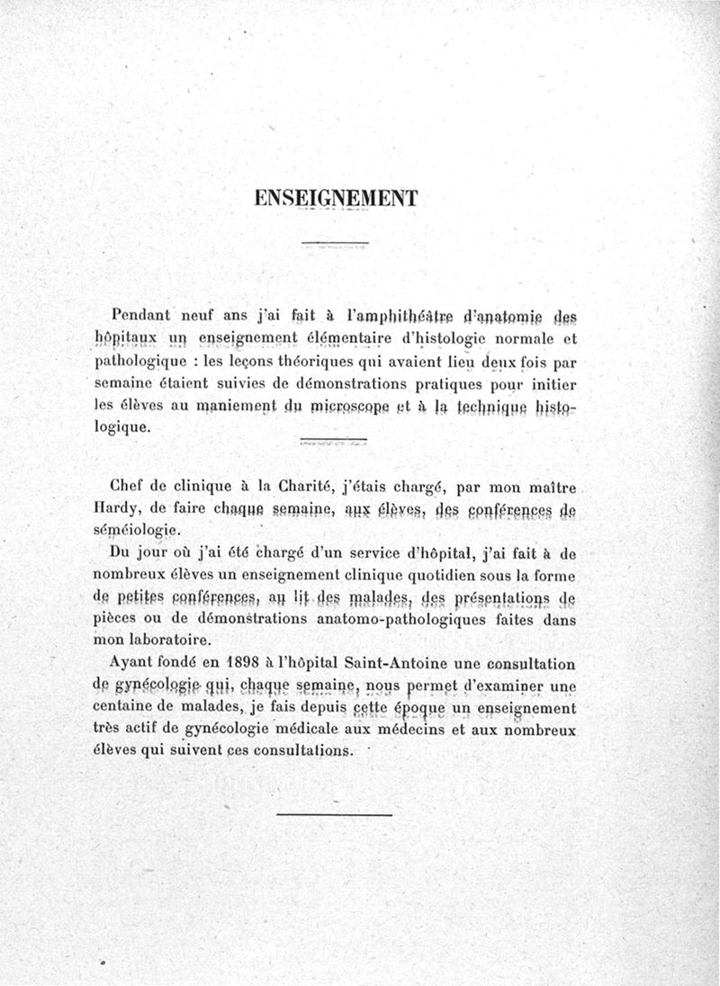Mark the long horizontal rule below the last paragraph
tap(335, 815)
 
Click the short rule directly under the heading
tap(335, 243)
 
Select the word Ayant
tap(131, 663)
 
